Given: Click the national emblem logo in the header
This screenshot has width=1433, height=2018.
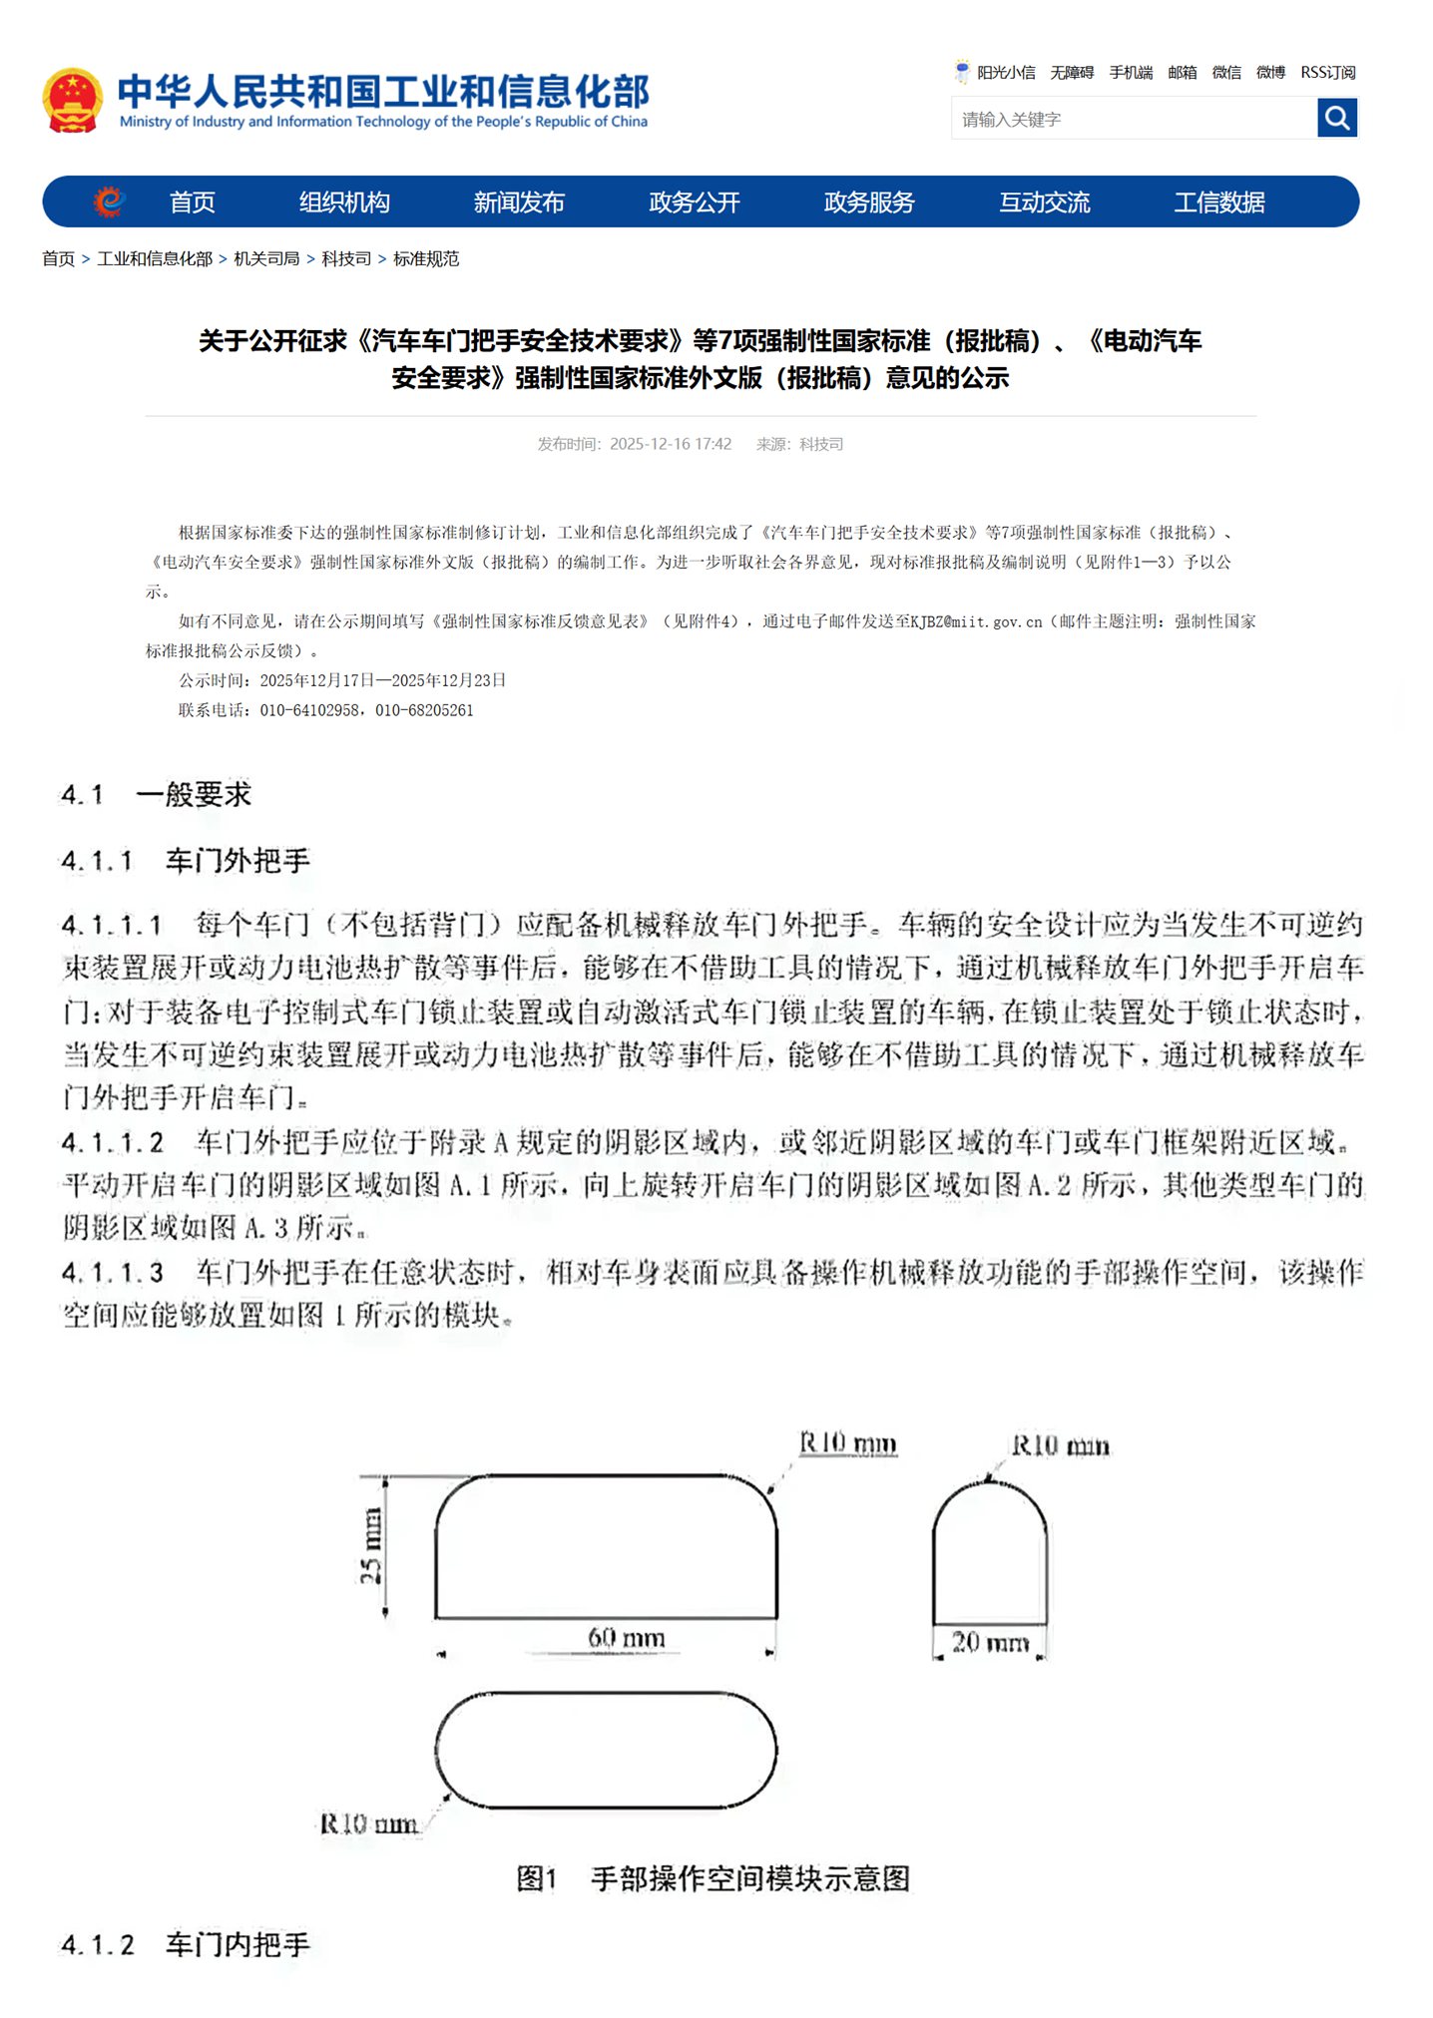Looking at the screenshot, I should (72, 100).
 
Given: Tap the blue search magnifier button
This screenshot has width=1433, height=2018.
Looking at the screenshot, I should (1336, 119).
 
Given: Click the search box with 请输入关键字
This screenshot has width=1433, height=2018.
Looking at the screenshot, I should (1133, 120).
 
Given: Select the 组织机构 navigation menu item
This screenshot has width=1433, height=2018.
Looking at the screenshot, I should (344, 202).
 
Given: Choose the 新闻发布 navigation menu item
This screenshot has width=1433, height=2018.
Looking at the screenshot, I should (519, 202).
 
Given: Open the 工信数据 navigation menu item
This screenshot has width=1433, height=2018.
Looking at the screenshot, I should (1218, 202).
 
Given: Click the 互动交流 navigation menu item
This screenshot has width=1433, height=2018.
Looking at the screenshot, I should (1044, 202).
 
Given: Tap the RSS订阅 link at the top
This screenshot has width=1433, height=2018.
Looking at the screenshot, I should (1327, 73).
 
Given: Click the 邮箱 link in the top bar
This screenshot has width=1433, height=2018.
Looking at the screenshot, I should (1182, 73).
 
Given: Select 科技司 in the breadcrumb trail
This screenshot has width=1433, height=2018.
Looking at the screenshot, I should (345, 259).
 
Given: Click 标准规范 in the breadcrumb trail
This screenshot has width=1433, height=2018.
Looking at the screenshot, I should (426, 259).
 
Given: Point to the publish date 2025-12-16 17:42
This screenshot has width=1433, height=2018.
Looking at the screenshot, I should (670, 444).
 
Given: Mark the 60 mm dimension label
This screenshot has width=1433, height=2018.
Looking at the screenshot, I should (626, 1637).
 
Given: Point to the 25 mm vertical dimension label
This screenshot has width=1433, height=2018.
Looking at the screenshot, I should (370, 1545).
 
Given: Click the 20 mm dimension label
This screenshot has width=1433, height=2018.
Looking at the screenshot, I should (989, 1641).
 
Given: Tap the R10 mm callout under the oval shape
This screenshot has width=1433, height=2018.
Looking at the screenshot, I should (368, 1823).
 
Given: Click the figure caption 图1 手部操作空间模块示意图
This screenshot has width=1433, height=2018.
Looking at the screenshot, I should (713, 1878).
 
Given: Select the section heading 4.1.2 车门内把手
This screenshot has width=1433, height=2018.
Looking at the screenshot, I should (186, 1944).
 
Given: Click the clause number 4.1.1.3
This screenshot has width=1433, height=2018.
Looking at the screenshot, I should (112, 1272).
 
